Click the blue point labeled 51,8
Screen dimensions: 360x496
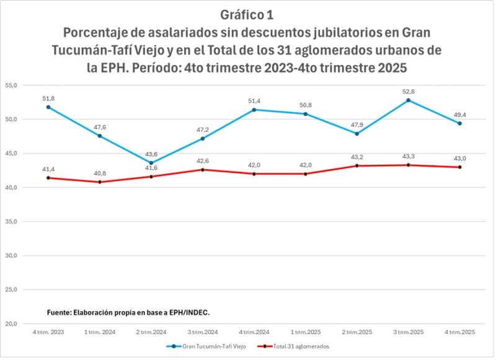(x=48, y=107)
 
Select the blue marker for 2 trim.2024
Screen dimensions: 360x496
(x=151, y=163)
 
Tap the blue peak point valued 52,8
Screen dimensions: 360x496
(x=408, y=100)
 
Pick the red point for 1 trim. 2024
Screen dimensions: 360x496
(x=100, y=182)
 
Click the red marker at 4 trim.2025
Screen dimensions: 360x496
(x=459, y=167)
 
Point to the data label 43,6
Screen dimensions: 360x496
(x=151, y=154)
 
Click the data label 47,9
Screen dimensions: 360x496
(x=356, y=125)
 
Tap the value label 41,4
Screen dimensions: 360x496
(x=48, y=169)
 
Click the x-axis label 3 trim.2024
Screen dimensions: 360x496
(x=202, y=333)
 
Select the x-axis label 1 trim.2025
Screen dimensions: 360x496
(x=305, y=333)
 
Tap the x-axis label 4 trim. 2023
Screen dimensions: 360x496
(x=48, y=333)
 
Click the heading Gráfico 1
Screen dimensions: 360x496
(x=247, y=14)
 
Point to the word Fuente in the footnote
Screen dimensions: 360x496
(x=60, y=312)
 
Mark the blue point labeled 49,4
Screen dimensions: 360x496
(x=459, y=123)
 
